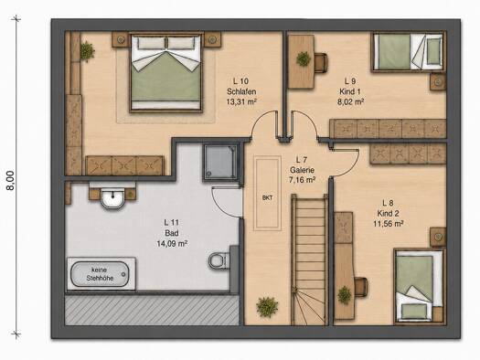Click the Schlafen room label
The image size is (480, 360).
241,91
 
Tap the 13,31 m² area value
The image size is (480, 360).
241,101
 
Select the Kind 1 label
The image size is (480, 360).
350,91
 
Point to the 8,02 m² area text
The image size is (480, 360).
350,101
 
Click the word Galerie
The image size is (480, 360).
302,170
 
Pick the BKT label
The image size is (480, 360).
267,198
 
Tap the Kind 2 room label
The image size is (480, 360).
388,213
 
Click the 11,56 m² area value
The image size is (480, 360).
388,224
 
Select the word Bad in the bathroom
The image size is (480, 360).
172,233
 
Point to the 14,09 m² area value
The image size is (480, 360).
172,244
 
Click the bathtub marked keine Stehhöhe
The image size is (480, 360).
100,274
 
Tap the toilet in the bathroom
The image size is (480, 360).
218,261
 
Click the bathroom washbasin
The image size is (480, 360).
112,199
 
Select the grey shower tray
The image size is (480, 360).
220,162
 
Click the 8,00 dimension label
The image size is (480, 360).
11,181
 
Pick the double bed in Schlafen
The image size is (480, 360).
166,73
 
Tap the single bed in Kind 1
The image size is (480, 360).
408,52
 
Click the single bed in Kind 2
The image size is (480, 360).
419,286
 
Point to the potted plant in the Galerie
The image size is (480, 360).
267,306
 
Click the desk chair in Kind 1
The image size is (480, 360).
321,63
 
